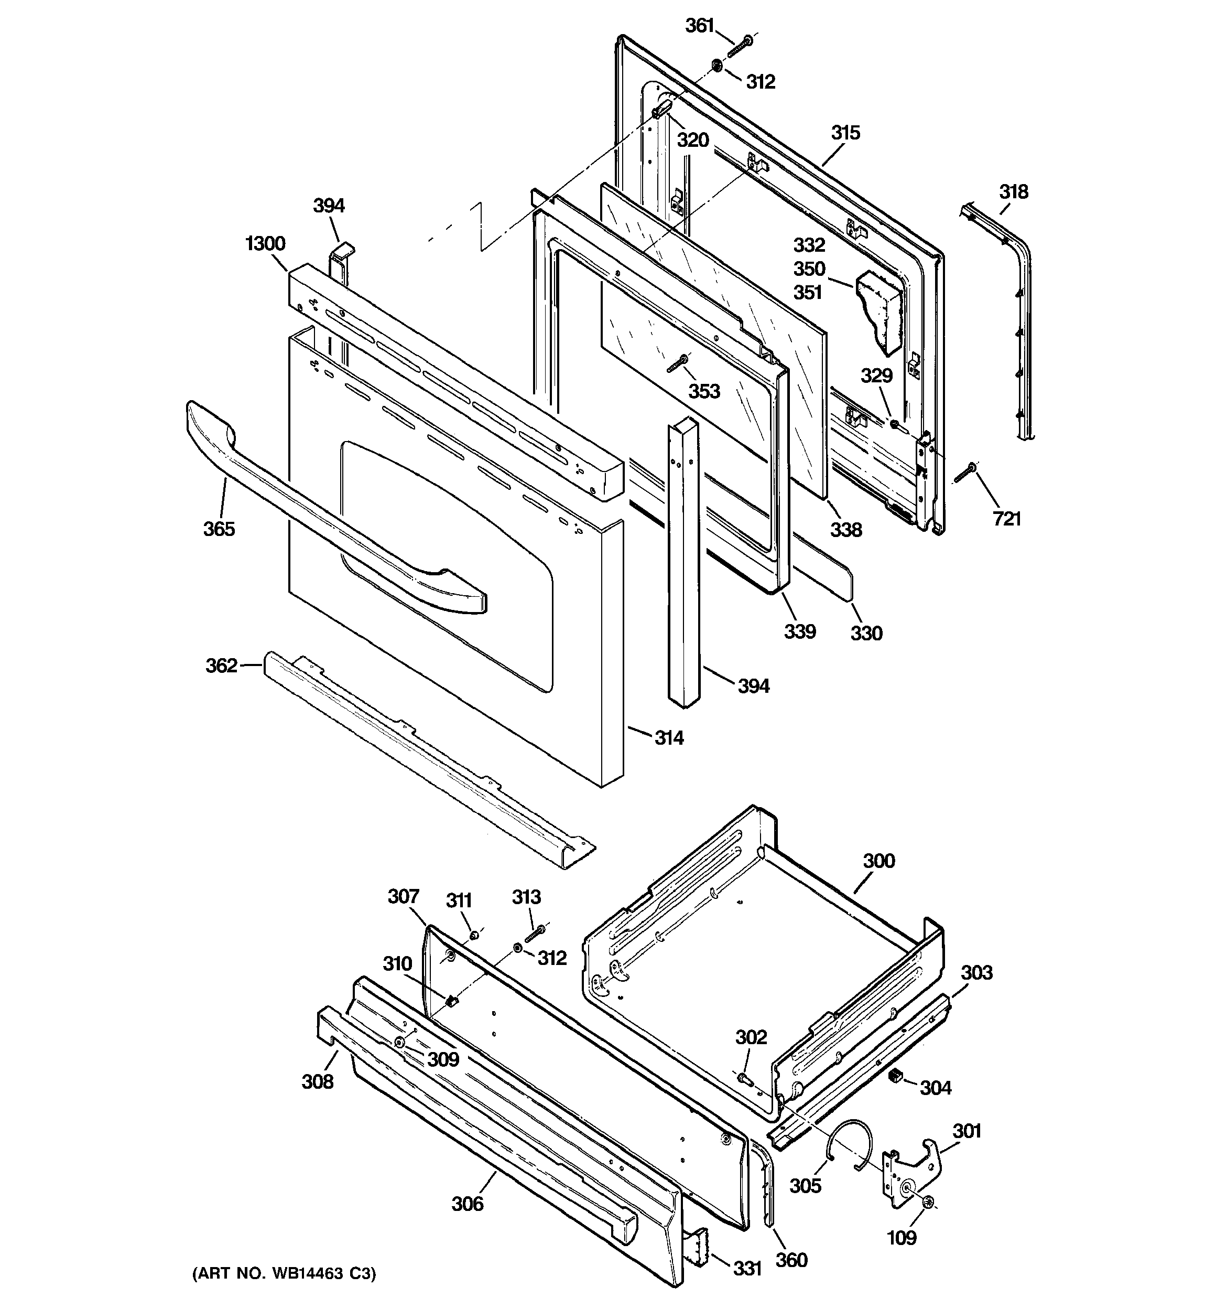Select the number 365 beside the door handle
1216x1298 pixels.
click(x=219, y=529)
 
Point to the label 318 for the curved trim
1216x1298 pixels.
click(x=1013, y=192)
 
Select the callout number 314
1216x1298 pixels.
click(x=669, y=738)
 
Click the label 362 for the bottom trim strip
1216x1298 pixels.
click(x=221, y=666)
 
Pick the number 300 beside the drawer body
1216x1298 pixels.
click(x=878, y=861)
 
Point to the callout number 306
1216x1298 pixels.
click(x=468, y=1203)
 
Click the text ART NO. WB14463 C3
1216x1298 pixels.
click(x=284, y=1273)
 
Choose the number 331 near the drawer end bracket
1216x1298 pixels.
click(x=747, y=1269)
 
